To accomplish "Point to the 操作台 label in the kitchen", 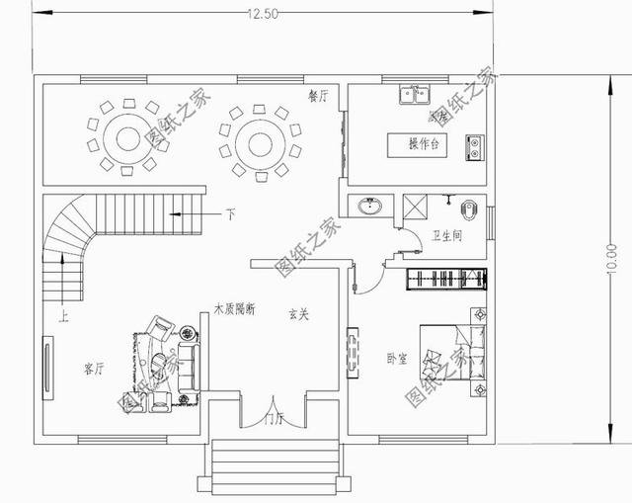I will click(423, 144).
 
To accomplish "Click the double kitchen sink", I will click(414, 95).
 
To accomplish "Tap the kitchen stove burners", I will click(475, 146).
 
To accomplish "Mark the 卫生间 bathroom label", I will click(446, 236).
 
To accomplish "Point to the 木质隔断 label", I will click(234, 309).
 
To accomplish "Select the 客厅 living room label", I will click(95, 370).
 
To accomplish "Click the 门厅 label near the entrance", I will click(273, 419).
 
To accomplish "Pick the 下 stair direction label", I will click(230, 213).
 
